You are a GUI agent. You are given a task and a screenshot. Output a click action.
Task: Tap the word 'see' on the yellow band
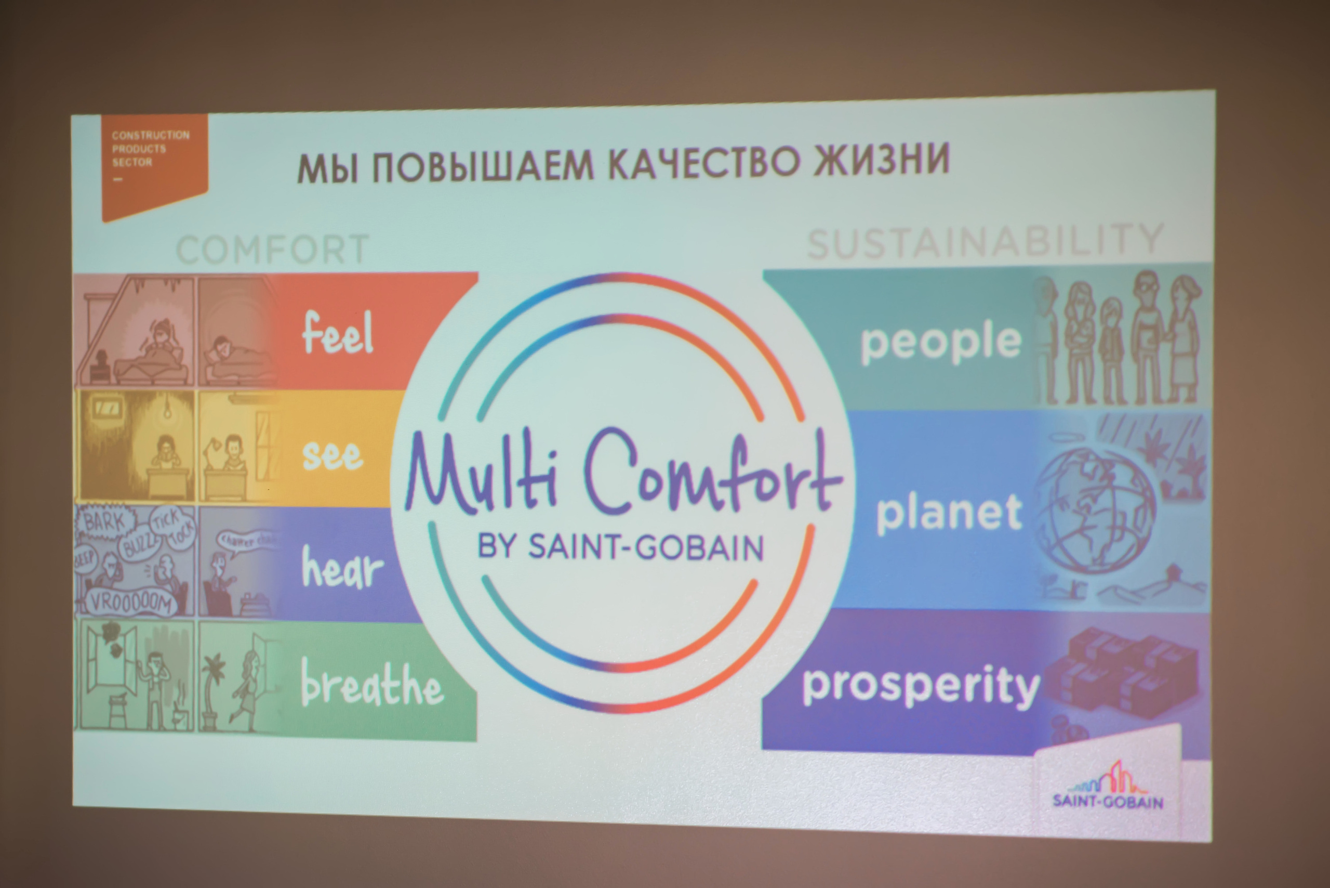(333, 455)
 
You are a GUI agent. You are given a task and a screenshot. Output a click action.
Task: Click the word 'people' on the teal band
(941, 342)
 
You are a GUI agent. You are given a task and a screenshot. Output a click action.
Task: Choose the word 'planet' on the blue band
(949, 514)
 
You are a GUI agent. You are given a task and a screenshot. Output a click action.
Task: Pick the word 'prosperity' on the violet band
(921, 686)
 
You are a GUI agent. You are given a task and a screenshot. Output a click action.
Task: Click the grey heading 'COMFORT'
(273, 249)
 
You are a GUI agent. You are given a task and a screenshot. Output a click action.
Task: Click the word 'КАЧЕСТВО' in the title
(705, 163)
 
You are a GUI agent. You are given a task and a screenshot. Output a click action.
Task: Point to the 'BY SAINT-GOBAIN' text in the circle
(621, 547)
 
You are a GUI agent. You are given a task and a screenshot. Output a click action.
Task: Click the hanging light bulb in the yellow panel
(167, 411)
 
